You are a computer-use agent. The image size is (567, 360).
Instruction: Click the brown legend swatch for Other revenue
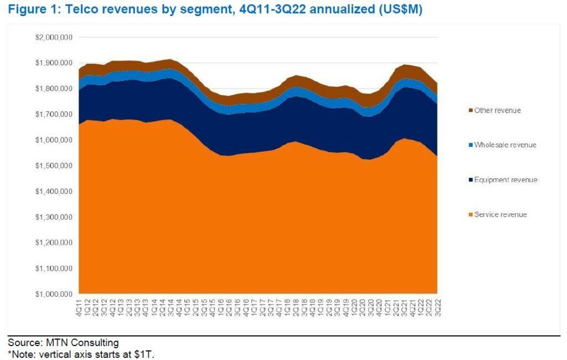470,110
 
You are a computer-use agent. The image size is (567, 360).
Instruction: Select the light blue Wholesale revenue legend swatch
470,145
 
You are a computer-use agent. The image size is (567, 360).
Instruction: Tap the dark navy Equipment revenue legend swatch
470,180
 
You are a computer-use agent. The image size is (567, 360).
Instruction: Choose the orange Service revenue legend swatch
470,214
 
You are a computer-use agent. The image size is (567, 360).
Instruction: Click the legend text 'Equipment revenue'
506,180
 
